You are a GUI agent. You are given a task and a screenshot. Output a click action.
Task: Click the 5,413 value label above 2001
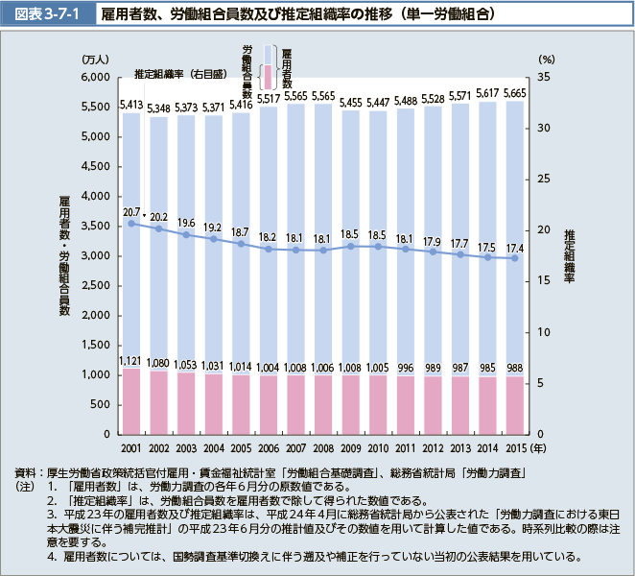click(x=131, y=105)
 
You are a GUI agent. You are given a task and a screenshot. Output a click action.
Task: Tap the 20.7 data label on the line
click(x=131, y=212)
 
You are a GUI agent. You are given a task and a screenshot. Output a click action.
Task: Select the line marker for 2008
click(x=323, y=250)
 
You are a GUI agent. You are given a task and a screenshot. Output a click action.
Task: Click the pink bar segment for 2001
click(x=131, y=400)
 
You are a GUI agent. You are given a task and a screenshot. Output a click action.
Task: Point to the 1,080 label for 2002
click(x=159, y=364)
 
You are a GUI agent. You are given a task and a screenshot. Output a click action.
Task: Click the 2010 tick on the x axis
click(x=378, y=448)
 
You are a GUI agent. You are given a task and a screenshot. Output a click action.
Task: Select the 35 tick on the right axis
click(x=544, y=77)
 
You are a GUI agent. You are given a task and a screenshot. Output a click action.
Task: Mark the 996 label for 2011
click(x=406, y=368)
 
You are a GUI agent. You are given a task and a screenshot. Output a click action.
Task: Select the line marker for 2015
click(x=515, y=257)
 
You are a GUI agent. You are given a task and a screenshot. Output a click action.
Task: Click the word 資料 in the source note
click(x=27, y=474)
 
